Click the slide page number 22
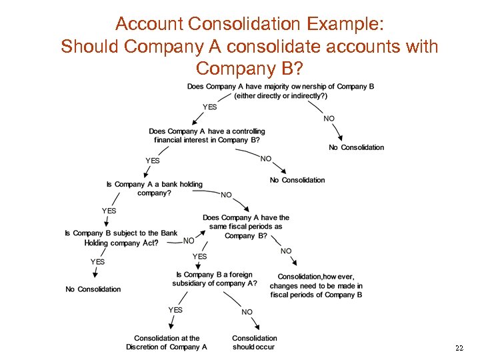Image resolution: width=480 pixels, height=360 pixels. (x=459, y=349)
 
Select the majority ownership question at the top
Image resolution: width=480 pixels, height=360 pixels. (x=280, y=91)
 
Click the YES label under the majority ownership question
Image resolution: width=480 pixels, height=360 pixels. (x=210, y=107)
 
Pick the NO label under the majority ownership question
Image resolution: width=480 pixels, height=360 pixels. (x=329, y=119)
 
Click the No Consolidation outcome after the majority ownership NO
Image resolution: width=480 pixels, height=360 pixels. (x=357, y=147)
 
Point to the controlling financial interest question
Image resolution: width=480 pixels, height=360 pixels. (x=207, y=136)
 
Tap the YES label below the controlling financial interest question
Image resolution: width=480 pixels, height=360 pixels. (x=153, y=160)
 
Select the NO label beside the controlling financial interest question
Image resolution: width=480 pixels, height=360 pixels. (x=266, y=159)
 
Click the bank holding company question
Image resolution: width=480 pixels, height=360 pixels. (x=154, y=189)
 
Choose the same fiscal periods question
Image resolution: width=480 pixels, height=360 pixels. (x=246, y=227)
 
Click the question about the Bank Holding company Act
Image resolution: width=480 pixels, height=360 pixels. (x=121, y=238)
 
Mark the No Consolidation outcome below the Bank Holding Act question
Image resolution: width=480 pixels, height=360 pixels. (x=93, y=289)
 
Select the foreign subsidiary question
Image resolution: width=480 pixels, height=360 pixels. (x=214, y=279)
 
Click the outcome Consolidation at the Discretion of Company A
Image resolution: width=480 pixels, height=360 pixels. (x=167, y=343)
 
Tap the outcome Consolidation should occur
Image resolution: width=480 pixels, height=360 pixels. (x=255, y=343)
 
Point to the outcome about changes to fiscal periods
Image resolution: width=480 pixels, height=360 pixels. (x=317, y=285)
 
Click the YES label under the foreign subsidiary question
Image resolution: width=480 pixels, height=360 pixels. (x=175, y=310)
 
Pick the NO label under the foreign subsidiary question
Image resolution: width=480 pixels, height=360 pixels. (x=247, y=312)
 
